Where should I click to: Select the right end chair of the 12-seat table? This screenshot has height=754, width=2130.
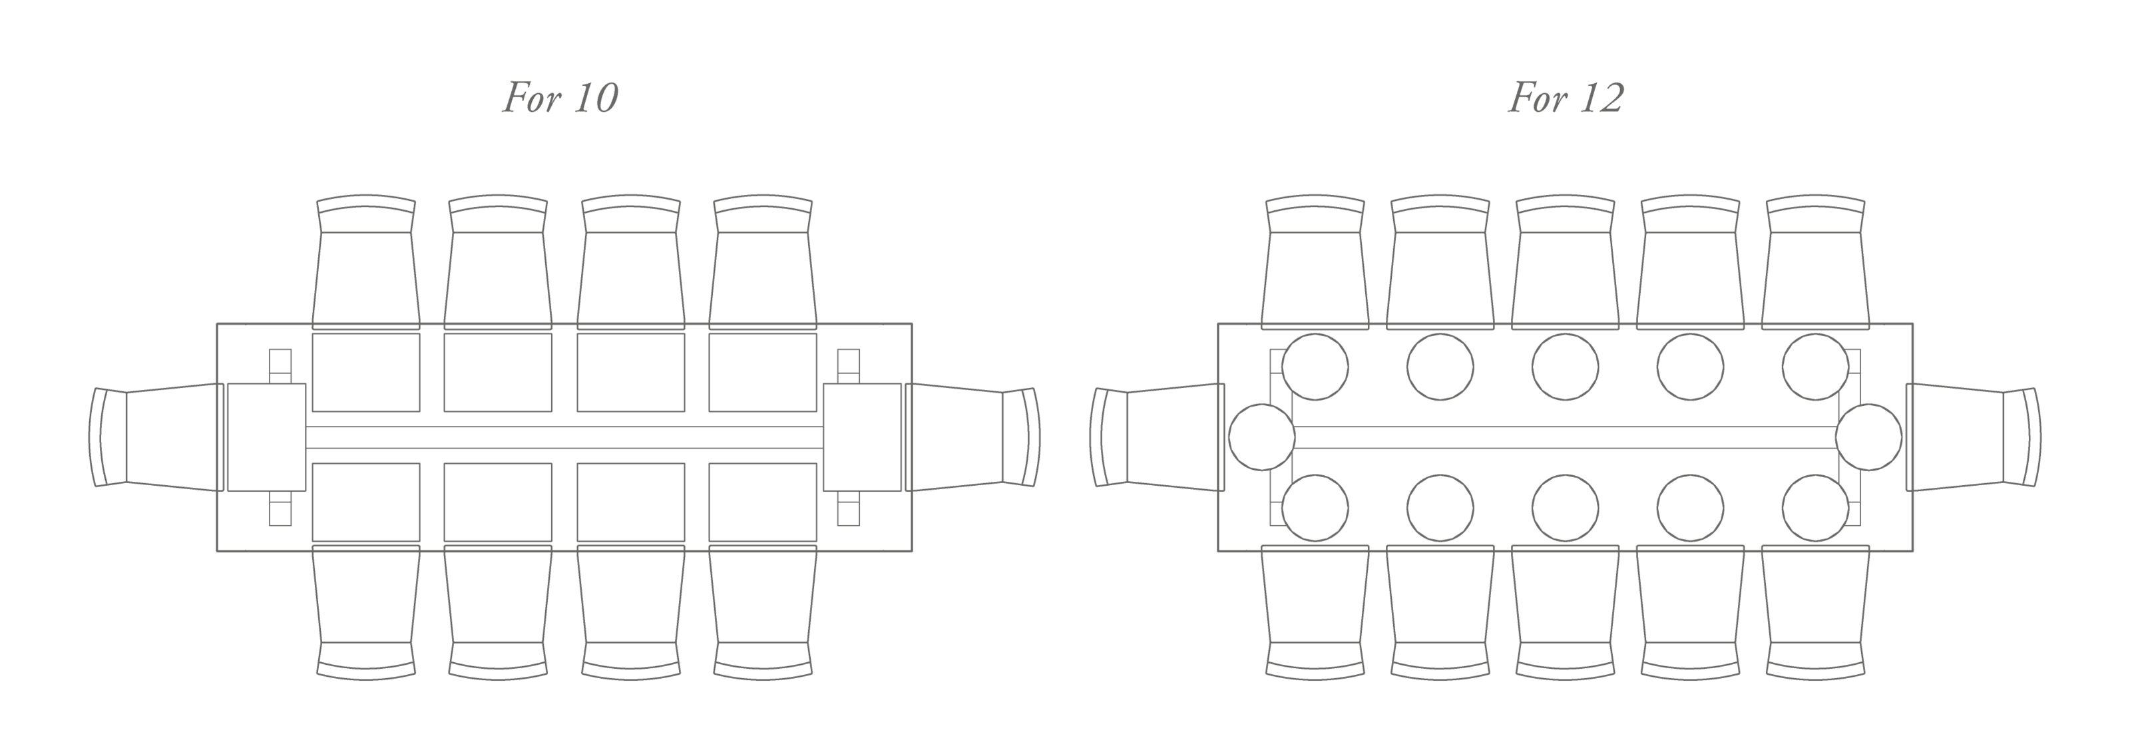click(x=1976, y=437)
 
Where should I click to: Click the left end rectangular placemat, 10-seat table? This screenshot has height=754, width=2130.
click(x=266, y=437)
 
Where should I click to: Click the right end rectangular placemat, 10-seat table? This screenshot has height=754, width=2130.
click(x=863, y=437)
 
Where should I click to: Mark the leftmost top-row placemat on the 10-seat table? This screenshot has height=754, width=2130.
click(x=365, y=372)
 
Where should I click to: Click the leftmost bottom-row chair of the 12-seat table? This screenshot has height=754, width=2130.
click(x=1315, y=612)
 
